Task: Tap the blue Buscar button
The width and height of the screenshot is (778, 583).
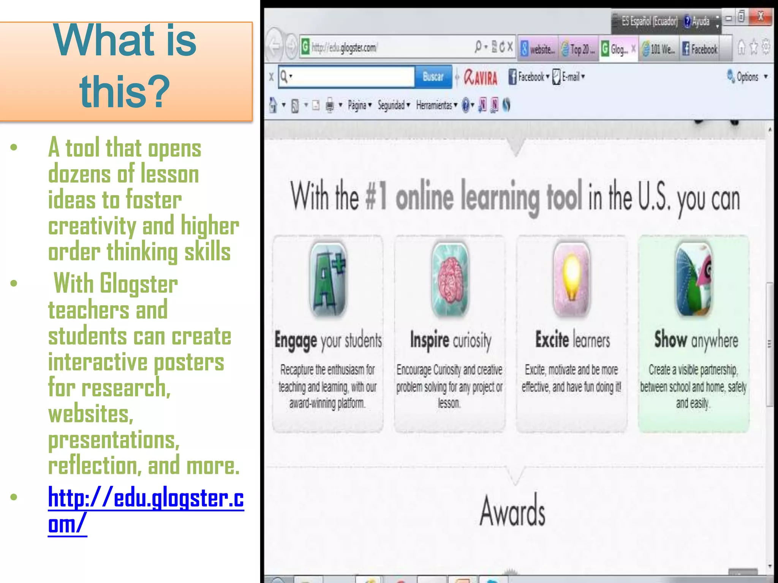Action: pyautogui.click(x=433, y=77)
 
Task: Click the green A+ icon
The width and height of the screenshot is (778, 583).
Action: pyautogui.click(x=328, y=280)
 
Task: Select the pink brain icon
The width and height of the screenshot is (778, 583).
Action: pyautogui.click(x=450, y=280)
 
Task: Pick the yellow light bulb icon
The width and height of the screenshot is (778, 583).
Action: pyautogui.click(x=572, y=280)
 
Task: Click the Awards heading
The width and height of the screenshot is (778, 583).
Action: pyautogui.click(x=512, y=511)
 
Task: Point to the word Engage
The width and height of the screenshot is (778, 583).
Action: pyautogui.click(x=296, y=340)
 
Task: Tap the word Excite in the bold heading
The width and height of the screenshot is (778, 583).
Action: pyautogui.click(x=552, y=339)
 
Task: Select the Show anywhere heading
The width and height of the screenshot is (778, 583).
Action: pyautogui.click(x=696, y=340)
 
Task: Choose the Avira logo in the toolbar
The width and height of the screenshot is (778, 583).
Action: pyautogui.click(x=481, y=77)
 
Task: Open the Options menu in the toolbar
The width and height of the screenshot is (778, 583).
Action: pyautogui.click(x=747, y=77)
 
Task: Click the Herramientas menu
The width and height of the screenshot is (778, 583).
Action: pyautogui.click(x=434, y=105)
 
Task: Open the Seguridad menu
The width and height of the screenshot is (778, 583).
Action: pyautogui.click(x=391, y=105)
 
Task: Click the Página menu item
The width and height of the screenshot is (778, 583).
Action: pyautogui.click(x=357, y=105)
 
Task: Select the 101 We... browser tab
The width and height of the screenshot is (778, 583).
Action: pyautogui.click(x=659, y=49)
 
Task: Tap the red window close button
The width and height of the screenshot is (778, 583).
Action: pyautogui.click(x=761, y=17)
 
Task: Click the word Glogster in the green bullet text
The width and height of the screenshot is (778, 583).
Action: pyautogui.click(x=139, y=284)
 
